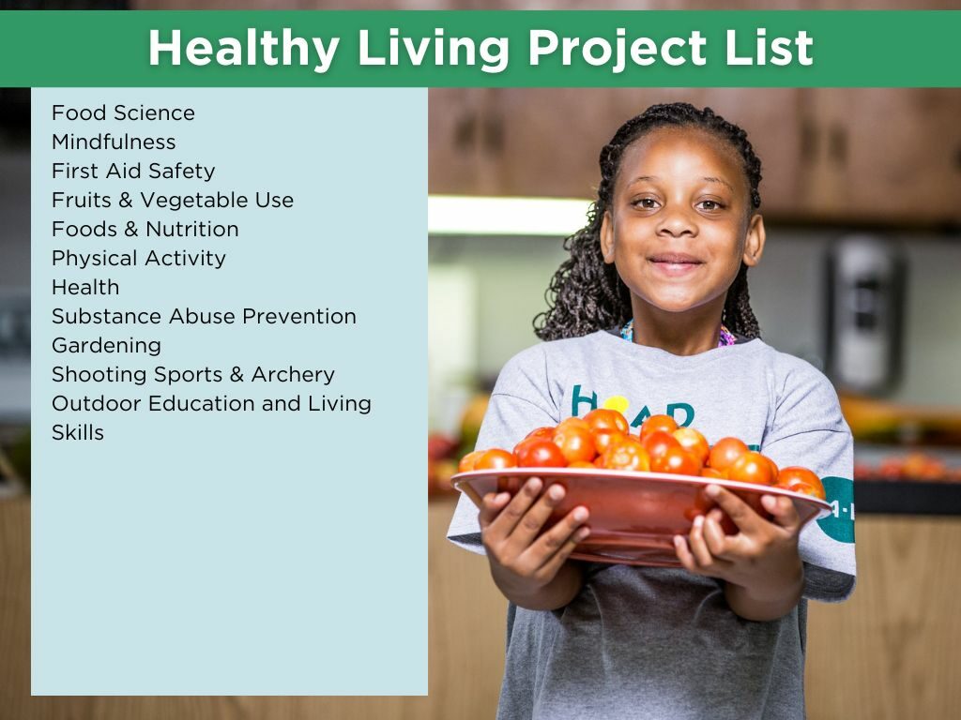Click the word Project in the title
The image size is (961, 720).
[618, 49]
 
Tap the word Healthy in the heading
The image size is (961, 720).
[244, 49]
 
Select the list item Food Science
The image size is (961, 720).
[123, 112]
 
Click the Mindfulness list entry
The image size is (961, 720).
[114, 142]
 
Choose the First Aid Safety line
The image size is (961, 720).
[133, 171]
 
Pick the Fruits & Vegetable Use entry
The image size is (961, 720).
[173, 201]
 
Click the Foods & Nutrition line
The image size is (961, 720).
[145, 229]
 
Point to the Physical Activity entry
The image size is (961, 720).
[139, 259]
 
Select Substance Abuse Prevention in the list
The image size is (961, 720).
[204, 317]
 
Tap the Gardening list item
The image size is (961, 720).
[107, 346]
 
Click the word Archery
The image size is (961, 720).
[293, 375]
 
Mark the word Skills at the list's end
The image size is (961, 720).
[78, 433]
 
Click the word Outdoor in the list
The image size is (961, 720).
[97, 403]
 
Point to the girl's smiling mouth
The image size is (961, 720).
[676, 263]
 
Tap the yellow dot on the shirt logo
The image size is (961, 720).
[616, 405]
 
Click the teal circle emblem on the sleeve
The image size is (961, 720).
[838, 509]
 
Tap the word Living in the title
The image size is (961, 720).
[434, 49]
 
